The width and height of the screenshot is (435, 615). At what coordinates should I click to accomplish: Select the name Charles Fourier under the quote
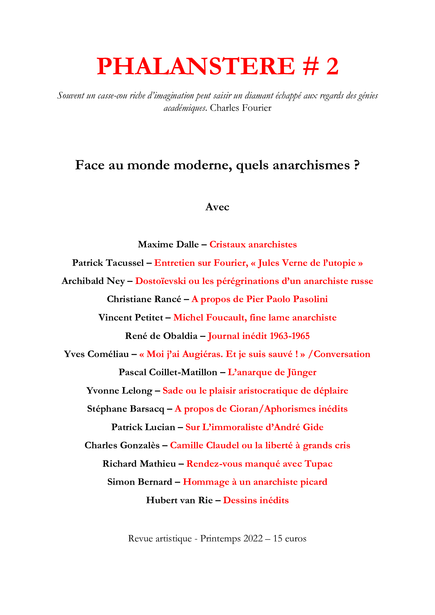[x=241, y=108]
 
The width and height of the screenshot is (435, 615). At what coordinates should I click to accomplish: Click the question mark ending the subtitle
[x=356, y=165]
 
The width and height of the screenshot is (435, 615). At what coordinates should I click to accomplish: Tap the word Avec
[x=217, y=207]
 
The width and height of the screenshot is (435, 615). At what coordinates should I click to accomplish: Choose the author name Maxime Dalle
[x=168, y=244]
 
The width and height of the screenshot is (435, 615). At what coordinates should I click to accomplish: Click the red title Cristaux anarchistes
[x=253, y=244]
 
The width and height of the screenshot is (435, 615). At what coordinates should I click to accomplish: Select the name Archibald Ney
[x=93, y=281]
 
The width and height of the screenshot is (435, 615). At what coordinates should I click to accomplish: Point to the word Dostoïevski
[x=160, y=281]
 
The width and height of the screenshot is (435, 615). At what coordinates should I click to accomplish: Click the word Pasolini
[x=310, y=299]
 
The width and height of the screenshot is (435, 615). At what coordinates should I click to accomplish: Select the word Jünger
[x=302, y=372]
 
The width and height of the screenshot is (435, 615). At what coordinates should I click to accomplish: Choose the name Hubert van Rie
[x=179, y=500]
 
